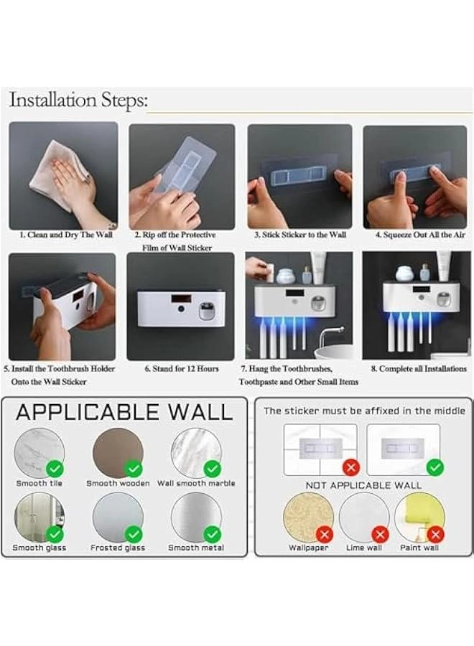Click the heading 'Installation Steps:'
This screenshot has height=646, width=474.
pos(78,100)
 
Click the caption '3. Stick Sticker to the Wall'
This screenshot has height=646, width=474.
pos(299,235)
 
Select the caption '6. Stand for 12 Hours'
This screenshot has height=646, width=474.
pos(182,369)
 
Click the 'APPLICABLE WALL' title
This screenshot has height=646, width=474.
pos(124,412)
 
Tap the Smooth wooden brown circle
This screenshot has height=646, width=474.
pos(117,452)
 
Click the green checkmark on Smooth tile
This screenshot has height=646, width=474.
pos(55,469)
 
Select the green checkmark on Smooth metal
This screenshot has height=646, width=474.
pos(212,534)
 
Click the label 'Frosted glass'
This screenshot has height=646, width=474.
pos(117,548)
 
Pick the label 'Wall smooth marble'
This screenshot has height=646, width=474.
pos(196,483)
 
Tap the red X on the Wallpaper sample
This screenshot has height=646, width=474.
pos(325,534)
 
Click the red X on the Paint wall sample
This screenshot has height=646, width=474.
pos(435,534)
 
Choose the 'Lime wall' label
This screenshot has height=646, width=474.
pos(364,548)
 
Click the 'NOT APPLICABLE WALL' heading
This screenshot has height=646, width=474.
pos(363,485)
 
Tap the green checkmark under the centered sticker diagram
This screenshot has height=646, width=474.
pos(434,468)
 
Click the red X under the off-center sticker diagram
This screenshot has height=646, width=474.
pos(350,468)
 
